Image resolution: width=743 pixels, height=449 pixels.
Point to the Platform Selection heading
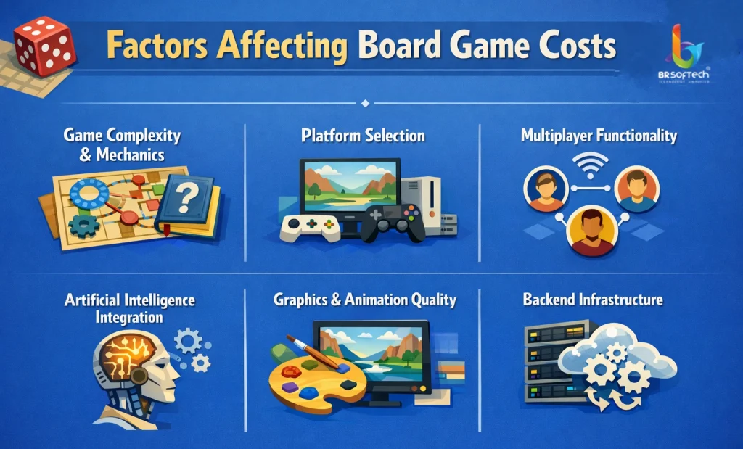[363, 136]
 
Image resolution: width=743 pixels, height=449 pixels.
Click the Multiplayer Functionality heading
[599, 135]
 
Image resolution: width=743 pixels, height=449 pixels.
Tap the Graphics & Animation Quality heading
[364, 299]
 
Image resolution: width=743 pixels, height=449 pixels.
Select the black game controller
[391, 221]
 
